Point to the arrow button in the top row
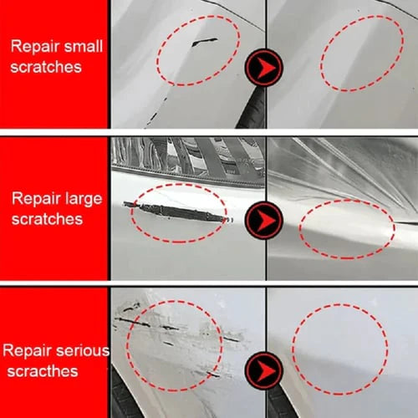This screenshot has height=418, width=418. pyautogui.click(x=265, y=66)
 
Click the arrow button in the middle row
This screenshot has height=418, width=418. pyautogui.click(x=265, y=220)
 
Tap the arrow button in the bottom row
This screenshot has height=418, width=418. pyautogui.click(x=265, y=369)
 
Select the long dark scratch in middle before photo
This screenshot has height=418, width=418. pyautogui.click(x=176, y=208)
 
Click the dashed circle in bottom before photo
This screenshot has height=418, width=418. pyautogui.click(x=175, y=344)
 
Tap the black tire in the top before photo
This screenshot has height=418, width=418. pyautogui.click(x=252, y=109)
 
